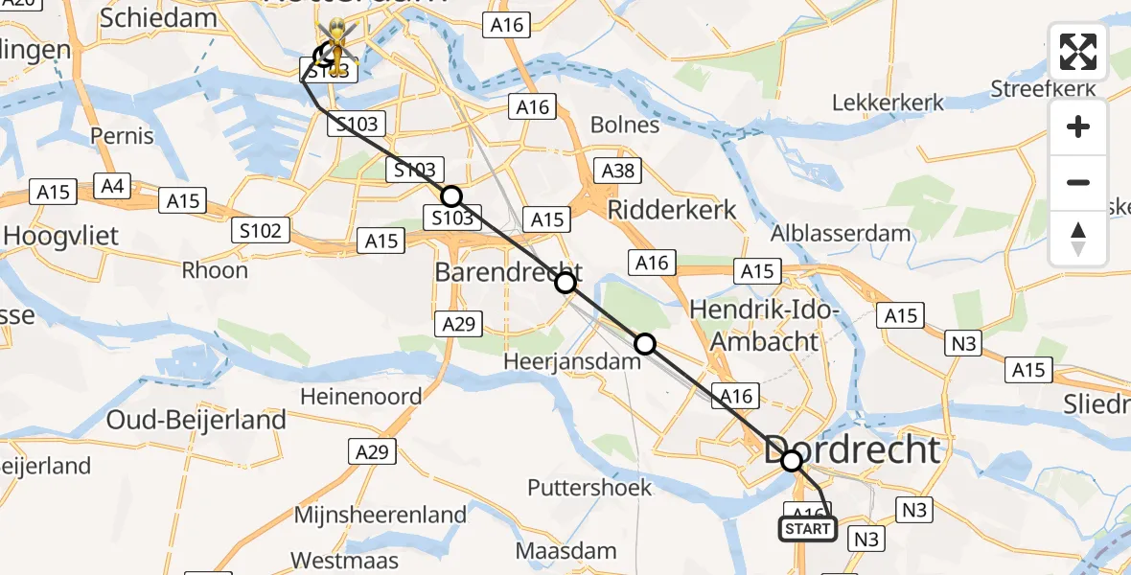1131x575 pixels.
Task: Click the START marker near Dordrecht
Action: click(807, 529)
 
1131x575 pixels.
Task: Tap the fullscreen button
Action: click(1078, 52)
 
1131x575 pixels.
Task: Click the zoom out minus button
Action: click(1078, 182)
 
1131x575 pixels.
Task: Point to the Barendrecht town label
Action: click(508, 272)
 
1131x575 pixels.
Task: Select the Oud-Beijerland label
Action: click(196, 420)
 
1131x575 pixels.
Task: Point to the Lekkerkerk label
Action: click(888, 103)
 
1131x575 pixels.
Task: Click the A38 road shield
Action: click(616, 172)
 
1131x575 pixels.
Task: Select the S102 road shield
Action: click(261, 231)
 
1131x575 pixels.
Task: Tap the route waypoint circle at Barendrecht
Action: click(565, 282)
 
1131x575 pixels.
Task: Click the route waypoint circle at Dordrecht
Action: click(791, 462)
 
